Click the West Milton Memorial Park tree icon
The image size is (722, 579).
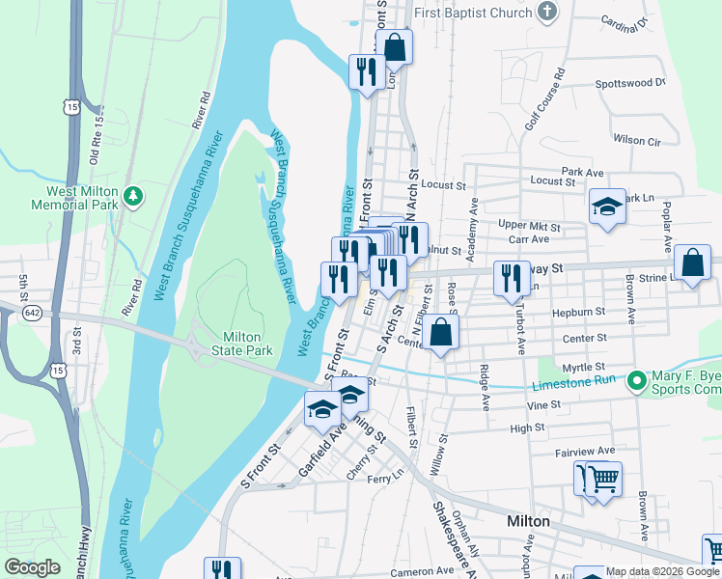pyautogui.click(x=133, y=197)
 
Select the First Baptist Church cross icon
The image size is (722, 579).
pyautogui.click(x=547, y=13)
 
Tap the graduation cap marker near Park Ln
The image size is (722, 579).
pyautogui.click(x=607, y=207)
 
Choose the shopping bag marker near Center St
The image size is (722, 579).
pyautogui.click(x=440, y=333)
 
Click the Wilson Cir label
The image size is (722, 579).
pyautogui.click(x=636, y=140)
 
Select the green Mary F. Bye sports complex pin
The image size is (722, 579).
pyautogui.click(x=636, y=382)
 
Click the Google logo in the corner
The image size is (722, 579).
pyautogui.click(x=32, y=567)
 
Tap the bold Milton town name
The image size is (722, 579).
pyautogui.click(x=528, y=521)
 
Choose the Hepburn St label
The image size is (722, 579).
pyautogui.click(x=578, y=313)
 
